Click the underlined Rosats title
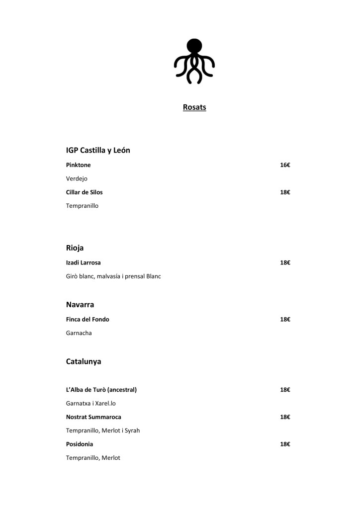point(194,107)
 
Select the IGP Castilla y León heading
point(98,150)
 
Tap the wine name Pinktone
point(78,165)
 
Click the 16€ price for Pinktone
point(285,165)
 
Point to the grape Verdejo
point(77,178)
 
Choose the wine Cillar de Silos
point(84,192)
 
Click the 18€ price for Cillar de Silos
point(285,192)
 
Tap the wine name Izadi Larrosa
point(83,262)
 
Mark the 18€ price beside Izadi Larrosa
point(285,262)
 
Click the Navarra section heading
point(80,305)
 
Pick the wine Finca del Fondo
point(88,320)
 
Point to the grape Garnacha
point(79,333)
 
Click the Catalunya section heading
point(84,362)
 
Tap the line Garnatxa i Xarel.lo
point(90,403)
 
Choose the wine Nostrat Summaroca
point(93,417)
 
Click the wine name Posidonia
point(80,444)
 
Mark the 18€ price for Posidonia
point(285,444)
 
